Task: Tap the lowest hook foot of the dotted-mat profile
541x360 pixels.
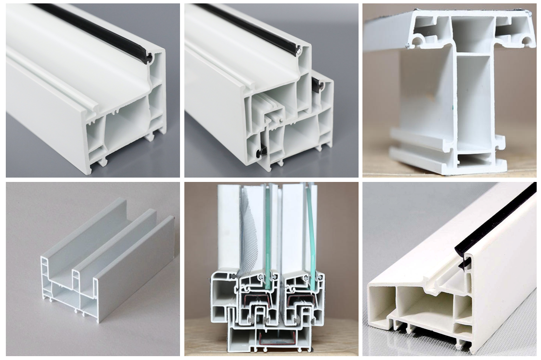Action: pos(466,345)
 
